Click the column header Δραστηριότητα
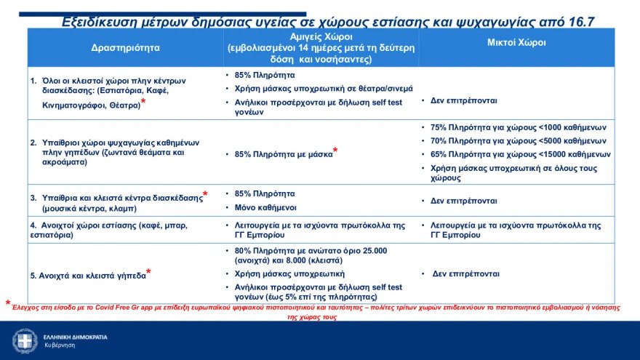125,47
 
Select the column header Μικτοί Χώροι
516,43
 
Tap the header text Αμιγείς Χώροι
321,36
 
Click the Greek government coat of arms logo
25,340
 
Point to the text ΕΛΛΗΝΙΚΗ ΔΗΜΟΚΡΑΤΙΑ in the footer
75,337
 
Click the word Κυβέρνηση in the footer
60,345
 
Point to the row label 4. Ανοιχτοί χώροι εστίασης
98,225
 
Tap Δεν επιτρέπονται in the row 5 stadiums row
465,274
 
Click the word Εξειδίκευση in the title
100,22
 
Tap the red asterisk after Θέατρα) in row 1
143,103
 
